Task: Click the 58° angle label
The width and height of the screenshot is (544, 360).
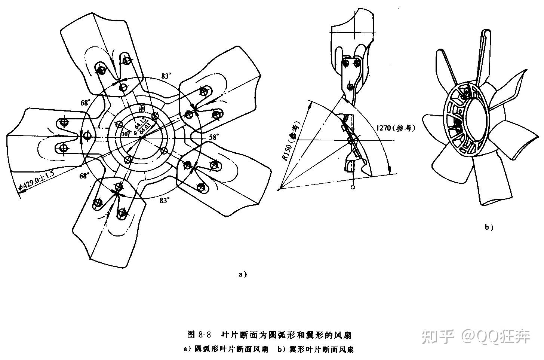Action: pos(213,137)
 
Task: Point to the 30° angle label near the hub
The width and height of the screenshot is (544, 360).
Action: pos(125,134)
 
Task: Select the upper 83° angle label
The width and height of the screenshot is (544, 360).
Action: pos(166,76)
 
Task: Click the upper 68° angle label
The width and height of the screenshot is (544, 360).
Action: pos(85,103)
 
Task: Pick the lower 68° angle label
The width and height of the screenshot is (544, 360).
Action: pos(84,176)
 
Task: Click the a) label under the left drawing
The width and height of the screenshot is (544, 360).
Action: pos(243,274)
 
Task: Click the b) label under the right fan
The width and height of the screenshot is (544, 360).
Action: pos(489,227)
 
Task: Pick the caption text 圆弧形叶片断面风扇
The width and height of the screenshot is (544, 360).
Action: pos(231,350)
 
